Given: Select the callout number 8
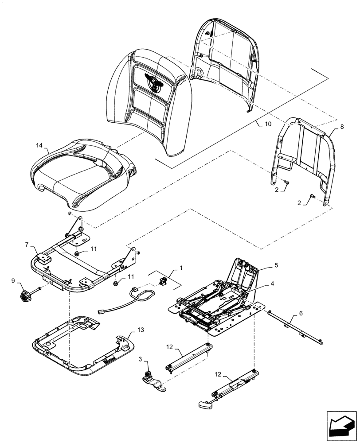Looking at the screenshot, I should [x=342, y=127].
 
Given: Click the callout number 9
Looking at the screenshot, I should [x=12, y=281].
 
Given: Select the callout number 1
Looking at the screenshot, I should [x=180, y=268].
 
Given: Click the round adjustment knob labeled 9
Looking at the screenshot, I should [x=24, y=295].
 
